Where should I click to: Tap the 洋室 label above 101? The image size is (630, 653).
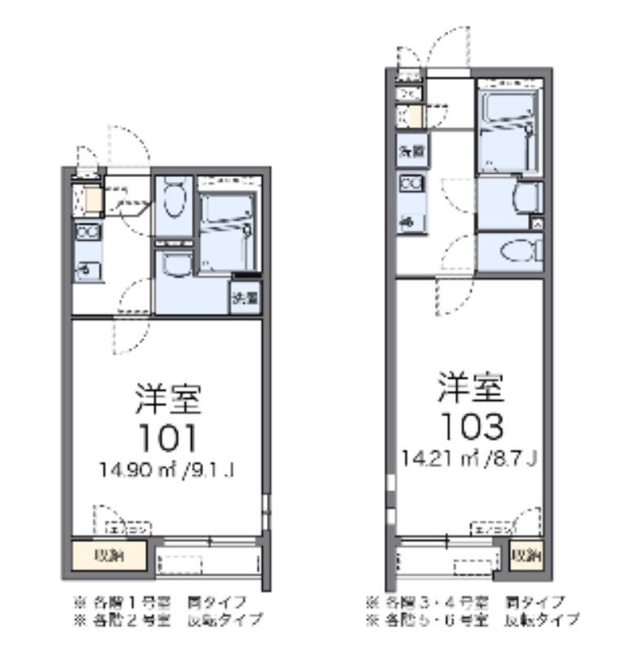tap(166, 400)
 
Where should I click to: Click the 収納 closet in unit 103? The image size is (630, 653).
tap(526, 557)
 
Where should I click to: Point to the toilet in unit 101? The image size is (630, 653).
tap(172, 197)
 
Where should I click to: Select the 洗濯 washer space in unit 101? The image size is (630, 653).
tap(245, 297)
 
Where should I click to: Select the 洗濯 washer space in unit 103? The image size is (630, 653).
tap(411, 151)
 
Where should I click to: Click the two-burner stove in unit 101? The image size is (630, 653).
tap(87, 233)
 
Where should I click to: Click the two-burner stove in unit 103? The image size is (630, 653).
tap(410, 184)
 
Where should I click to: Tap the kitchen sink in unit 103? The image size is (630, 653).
tap(410, 220)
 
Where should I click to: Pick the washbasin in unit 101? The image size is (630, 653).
tap(173, 263)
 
